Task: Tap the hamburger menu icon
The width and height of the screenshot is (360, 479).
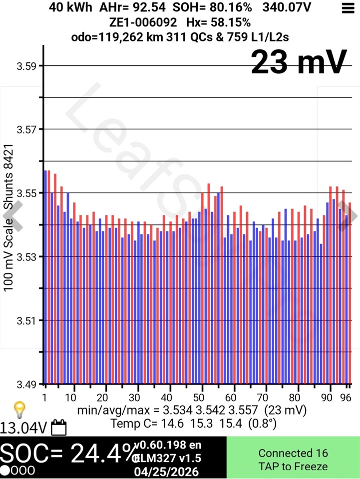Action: [347, 8]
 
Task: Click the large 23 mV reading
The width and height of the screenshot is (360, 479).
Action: [299, 62]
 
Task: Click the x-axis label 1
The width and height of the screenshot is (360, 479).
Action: [45, 398]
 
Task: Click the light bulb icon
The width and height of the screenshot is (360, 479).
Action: [19, 409]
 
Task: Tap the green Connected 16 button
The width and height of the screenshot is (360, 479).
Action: [293, 460]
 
